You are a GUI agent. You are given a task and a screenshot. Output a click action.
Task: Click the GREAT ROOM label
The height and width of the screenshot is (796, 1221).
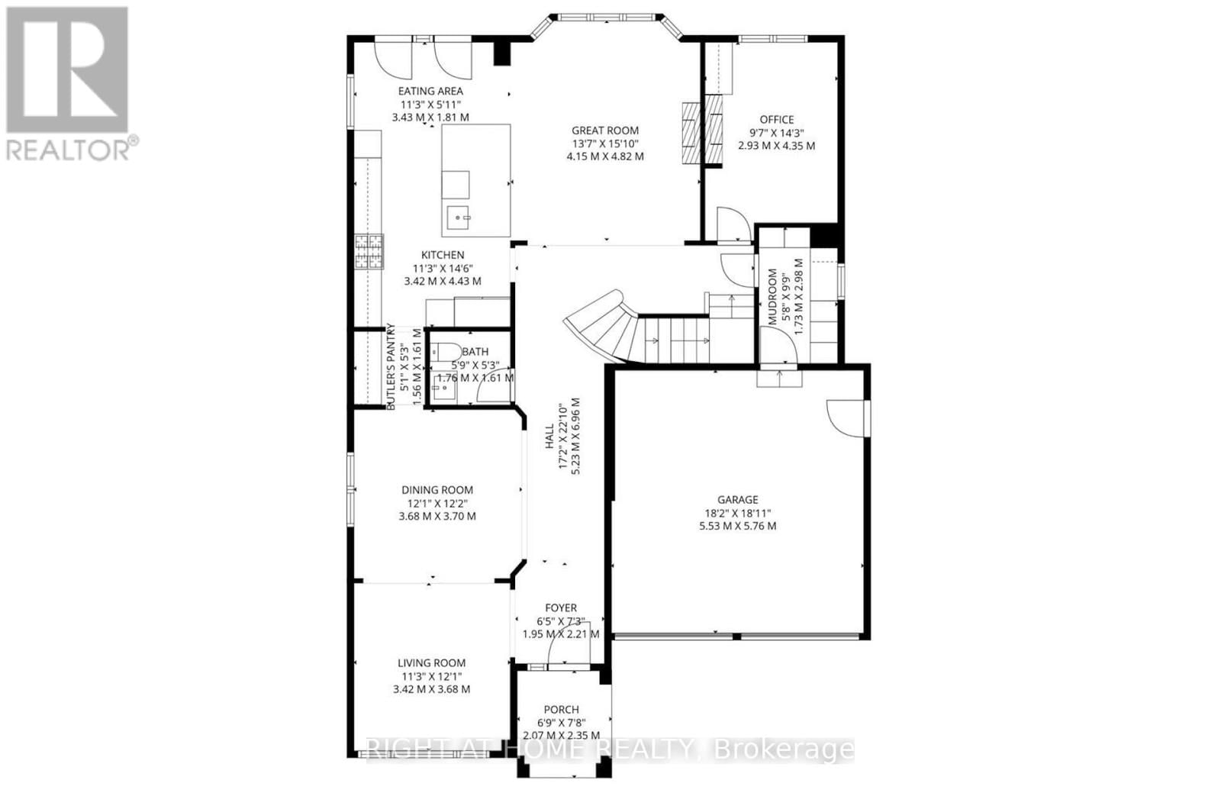pos(605,131)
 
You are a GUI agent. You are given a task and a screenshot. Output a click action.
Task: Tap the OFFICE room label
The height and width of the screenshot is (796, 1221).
pos(776,120)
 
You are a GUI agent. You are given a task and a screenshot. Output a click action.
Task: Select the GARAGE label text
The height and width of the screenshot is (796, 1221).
pos(738,500)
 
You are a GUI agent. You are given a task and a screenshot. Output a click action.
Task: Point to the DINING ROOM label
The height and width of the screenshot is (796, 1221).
pos(437,490)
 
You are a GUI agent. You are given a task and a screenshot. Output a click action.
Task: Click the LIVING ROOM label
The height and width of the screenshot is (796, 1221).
pos(431,663)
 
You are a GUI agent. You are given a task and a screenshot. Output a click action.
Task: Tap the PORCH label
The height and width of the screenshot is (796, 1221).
pos(561,709)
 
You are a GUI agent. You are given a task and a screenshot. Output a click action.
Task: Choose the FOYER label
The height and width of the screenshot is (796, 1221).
pos(561,608)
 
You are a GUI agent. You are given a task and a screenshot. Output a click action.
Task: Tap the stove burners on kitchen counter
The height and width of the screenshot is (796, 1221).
pos(368,252)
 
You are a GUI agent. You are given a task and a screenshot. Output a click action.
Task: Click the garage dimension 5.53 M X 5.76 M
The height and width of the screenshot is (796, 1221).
pos(738,526)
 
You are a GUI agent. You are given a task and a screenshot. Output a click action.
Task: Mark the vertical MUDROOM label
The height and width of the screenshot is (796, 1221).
pos(773,296)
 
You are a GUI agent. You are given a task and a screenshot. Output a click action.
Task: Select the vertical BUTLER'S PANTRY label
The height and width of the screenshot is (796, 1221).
pos(391,367)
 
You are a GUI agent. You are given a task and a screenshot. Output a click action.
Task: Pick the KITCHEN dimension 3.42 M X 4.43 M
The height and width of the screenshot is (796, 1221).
pos(443,281)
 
